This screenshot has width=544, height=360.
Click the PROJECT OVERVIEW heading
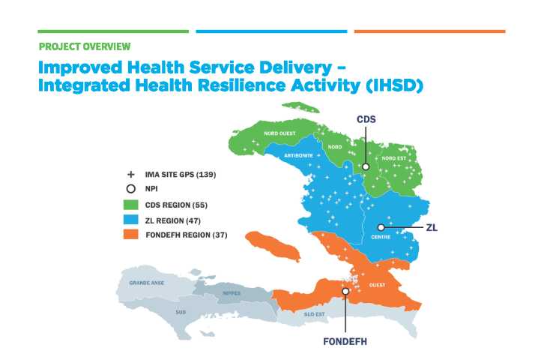tap(85, 46)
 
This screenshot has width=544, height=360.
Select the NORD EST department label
tap(394, 158)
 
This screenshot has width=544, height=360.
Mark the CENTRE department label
tap(381, 238)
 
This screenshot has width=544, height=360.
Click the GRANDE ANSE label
tap(145, 283)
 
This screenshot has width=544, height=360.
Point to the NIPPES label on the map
tap(232, 292)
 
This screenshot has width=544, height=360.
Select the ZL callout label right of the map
tap(432, 226)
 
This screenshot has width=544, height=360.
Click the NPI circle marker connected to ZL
tap(381, 226)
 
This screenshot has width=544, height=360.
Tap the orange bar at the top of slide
tap(429, 31)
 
